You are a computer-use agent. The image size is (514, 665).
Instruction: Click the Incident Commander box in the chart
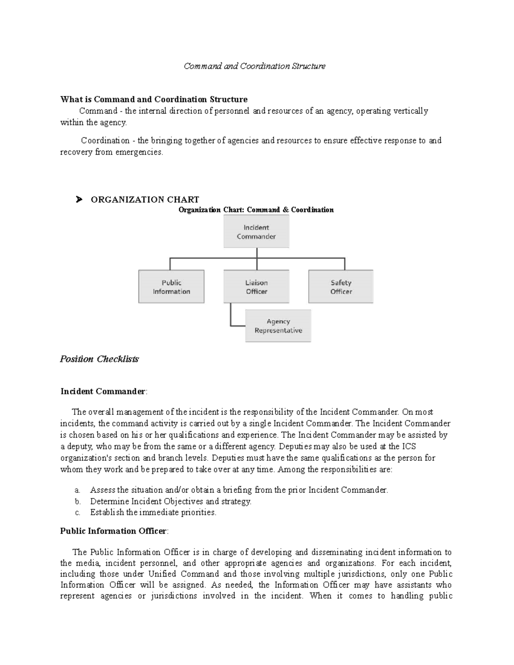(256, 232)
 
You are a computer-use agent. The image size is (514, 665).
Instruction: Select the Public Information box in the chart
(171, 287)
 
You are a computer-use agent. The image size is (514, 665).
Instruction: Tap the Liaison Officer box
(256, 287)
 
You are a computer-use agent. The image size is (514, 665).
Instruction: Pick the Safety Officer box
(341, 287)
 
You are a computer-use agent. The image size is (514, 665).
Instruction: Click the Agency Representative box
(278, 326)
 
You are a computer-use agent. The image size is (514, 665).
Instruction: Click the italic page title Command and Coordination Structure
(254, 66)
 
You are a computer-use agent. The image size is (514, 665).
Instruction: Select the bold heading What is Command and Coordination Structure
(154, 99)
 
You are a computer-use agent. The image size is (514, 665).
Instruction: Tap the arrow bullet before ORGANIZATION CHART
(78, 200)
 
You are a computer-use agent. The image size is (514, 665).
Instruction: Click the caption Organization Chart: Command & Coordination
(256, 210)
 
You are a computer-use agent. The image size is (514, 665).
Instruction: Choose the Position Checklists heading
(99, 359)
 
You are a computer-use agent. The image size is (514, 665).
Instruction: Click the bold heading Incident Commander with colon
(103, 391)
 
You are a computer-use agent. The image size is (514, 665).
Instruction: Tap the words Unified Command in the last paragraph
(184, 574)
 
